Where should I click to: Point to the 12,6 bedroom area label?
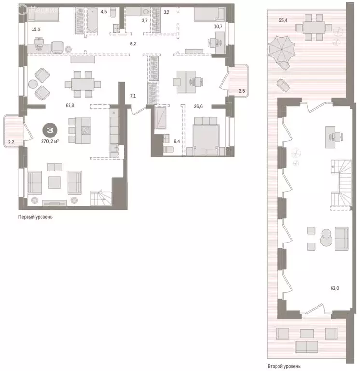coord(36,29)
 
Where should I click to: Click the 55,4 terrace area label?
coord(283,21)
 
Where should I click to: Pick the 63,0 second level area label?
coord(334,288)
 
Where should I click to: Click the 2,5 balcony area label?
coord(242,91)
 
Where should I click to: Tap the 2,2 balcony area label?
coord(11,142)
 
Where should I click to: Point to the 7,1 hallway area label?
coord(133,96)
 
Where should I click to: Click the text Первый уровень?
coord(35,217)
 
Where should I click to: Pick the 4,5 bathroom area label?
coord(103,11)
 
